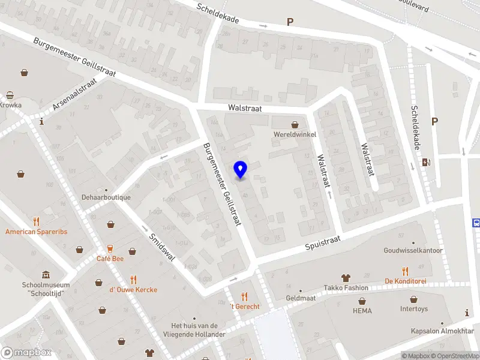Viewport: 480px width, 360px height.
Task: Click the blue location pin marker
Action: (241, 170)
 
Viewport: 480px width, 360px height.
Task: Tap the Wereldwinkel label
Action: (294, 134)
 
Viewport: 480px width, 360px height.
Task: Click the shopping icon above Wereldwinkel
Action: (295, 125)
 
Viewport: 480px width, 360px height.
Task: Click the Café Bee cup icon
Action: (110, 248)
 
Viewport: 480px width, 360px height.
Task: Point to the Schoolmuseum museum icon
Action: (46, 275)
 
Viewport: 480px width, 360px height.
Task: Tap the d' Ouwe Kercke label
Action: (133, 290)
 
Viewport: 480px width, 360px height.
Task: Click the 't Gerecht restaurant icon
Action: (244, 296)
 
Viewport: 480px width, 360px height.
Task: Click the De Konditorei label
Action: (405, 281)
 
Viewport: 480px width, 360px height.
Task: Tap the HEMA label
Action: (362, 311)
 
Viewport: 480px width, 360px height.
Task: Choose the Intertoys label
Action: (414, 310)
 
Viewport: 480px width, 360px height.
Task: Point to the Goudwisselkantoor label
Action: (413, 250)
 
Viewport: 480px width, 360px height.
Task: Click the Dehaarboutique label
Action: (106, 197)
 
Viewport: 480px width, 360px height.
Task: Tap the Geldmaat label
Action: (301, 298)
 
